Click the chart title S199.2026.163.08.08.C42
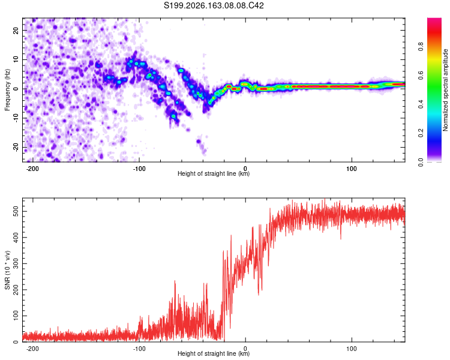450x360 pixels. click(214, 5)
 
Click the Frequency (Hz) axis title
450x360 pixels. click(7, 90)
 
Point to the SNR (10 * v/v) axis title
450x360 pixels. click(7, 270)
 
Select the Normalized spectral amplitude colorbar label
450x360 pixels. click(445, 90)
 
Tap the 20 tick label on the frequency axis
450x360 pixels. click(16, 31)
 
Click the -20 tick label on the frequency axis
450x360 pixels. click(16, 148)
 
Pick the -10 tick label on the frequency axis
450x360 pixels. click(16, 118)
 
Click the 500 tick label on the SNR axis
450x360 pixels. click(16, 212)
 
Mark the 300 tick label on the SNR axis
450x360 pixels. click(16, 264)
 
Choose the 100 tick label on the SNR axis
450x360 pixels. click(16, 316)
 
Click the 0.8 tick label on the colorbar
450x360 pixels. click(421, 46)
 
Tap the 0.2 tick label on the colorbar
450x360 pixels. click(421, 133)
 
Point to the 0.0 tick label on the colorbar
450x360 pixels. click(421, 162)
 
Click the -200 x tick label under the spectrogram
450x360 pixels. click(32, 169)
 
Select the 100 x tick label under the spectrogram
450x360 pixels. click(352, 169)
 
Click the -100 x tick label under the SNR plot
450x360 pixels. click(139, 349)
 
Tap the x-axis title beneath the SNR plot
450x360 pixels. click(214, 353)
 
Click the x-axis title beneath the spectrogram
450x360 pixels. click(214, 173)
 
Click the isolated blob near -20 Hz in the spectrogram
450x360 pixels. click(199, 141)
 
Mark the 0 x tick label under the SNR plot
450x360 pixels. click(245, 349)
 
